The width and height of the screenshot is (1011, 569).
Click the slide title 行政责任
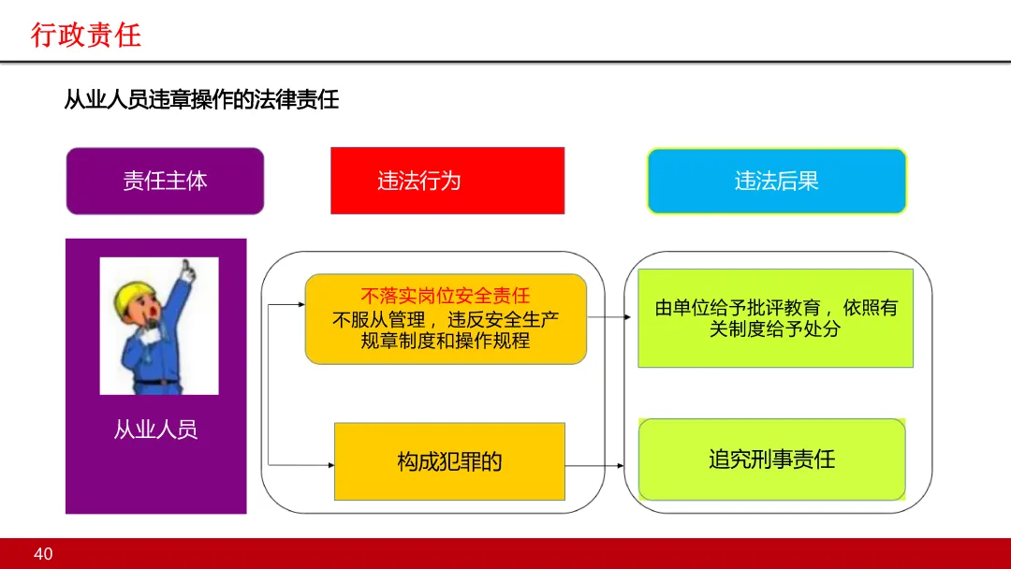point(86,36)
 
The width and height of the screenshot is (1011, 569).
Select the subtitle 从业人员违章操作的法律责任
point(201,99)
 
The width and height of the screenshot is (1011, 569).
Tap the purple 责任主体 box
point(165,181)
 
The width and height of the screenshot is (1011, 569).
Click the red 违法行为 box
point(447,181)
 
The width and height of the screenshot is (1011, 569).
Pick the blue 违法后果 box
point(776,181)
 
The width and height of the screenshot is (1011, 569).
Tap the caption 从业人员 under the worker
point(155,430)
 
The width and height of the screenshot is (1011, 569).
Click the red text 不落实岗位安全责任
point(446,297)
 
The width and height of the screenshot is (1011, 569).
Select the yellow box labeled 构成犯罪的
point(449,461)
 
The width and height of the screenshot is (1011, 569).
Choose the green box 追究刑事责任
point(771,460)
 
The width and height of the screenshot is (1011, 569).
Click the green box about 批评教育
point(775,318)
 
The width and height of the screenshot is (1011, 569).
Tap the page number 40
point(43,554)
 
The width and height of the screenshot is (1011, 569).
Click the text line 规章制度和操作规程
point(446,341)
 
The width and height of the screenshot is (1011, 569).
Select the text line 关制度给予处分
point(775,329)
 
